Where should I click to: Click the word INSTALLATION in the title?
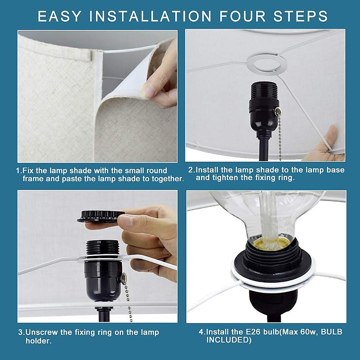click(150, 16)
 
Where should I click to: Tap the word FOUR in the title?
click(242, 16)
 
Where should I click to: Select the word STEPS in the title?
click(301, 16)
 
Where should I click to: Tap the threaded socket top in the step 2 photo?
click(265, 91)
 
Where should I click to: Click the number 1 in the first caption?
click(18, 170)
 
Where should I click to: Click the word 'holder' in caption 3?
click(37, 341)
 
